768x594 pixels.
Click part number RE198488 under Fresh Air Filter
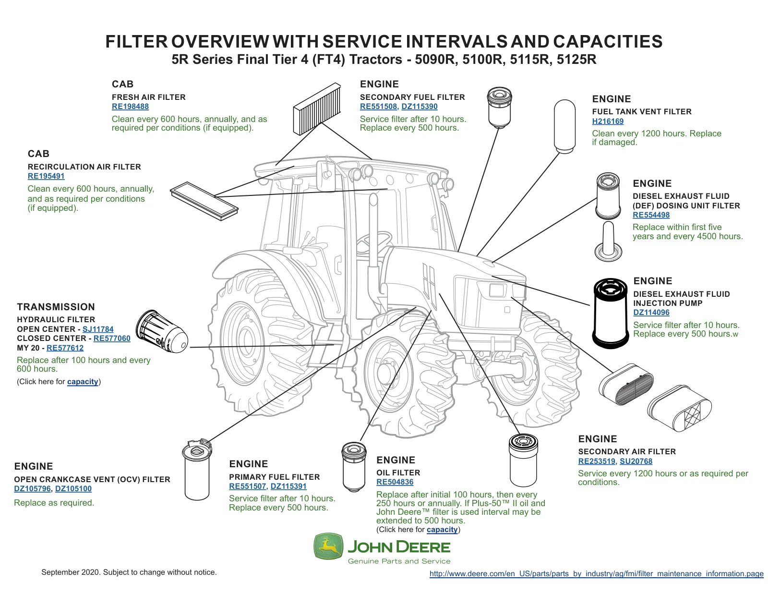(130, 107)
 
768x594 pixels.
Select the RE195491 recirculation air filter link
(46, 176)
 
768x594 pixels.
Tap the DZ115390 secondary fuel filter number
(419, 107)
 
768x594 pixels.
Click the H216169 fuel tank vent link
(608, 121)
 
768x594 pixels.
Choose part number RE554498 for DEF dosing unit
(651, 215)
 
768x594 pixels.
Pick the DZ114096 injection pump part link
(651, 313)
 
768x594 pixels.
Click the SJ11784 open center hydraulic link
(98, 329)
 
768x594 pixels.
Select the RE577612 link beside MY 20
(65, 348)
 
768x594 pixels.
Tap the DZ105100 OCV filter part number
(73, 489)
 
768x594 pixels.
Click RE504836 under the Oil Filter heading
(395, 482)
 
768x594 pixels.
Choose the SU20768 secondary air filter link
(636, 461)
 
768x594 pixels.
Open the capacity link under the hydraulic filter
(83, 382)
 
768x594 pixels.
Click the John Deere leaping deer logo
(328, 546)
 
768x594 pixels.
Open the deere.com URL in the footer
(596, 574)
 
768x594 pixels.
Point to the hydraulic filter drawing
(162, 332)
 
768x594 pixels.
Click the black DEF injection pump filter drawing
(611, 313)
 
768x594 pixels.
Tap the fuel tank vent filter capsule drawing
(564, 126)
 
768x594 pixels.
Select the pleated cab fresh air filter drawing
(317, 109)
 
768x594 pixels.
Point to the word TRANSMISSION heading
(56, 307)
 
